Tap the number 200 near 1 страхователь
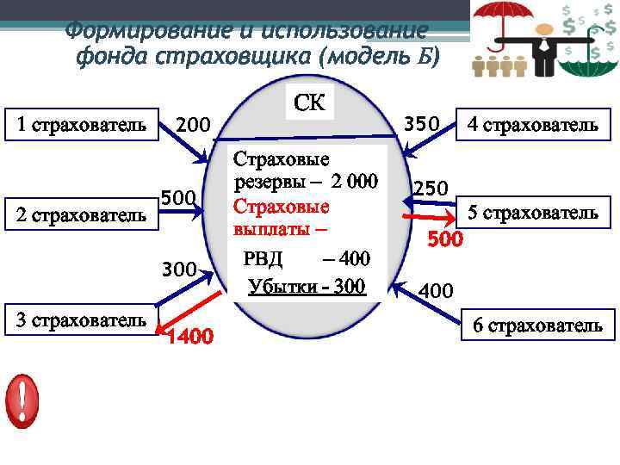[x=193, y=127]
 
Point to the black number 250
[x=430, y=188]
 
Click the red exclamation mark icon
[x=22, y=400]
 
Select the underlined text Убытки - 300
[x=306, y=287]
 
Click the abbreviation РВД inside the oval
[x=263, y=258]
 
